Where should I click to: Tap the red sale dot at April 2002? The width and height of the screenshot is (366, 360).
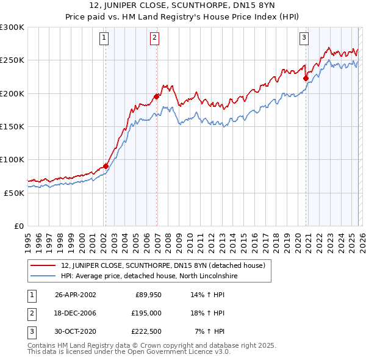(x=106, y=166)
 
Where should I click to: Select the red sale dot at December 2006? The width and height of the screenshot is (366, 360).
(x=157, y=96)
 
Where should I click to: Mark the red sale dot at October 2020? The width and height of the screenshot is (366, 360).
(x=306, y=78)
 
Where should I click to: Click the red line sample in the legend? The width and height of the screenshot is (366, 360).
(x=43, y=266)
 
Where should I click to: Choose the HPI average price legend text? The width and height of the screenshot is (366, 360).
(x=149, y=276)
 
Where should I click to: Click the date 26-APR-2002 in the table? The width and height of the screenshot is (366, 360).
(x=75, y=295)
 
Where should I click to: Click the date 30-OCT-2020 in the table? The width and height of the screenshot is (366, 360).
(x=75, y=331)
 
